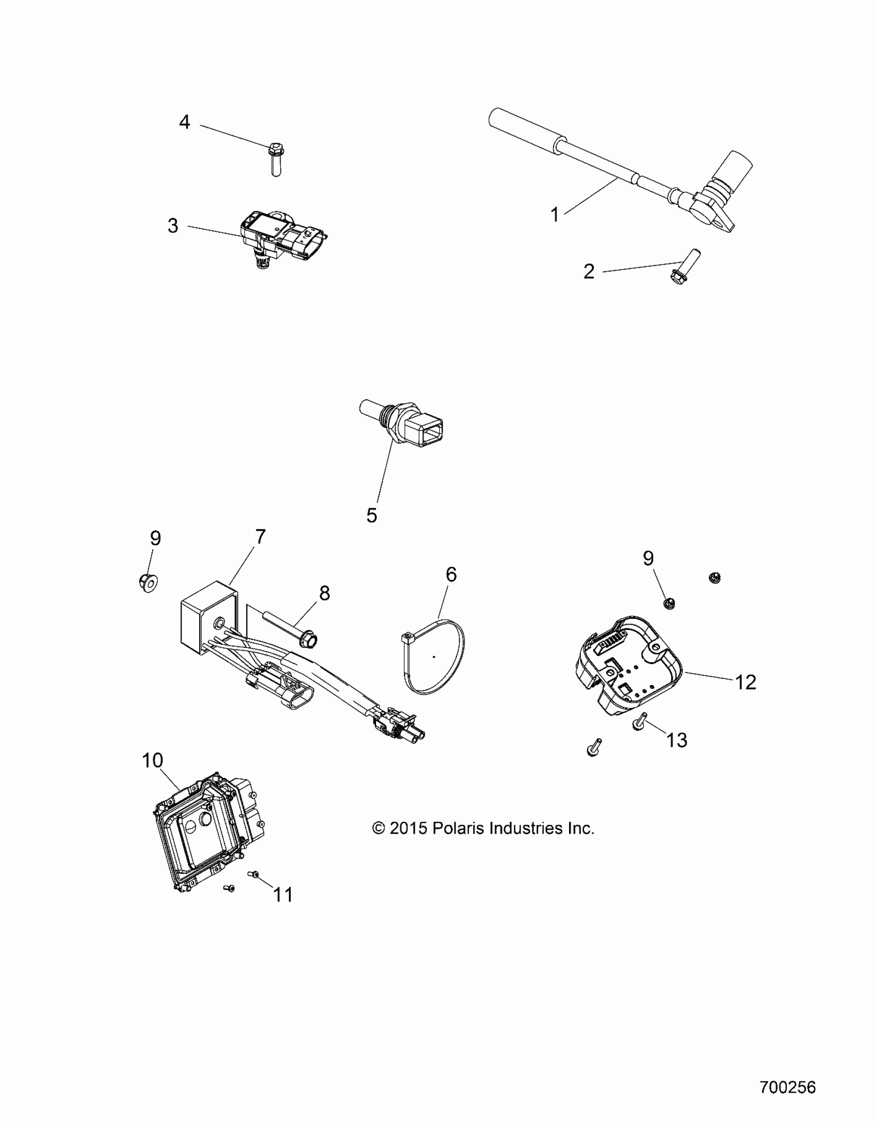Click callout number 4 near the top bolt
(x=184, y=122)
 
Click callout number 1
(x=555, y=215)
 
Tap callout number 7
(x=260, y=537)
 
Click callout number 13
(x=677, y=740)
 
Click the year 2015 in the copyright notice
(x=408, y=828)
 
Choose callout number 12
(x=745, y=682)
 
